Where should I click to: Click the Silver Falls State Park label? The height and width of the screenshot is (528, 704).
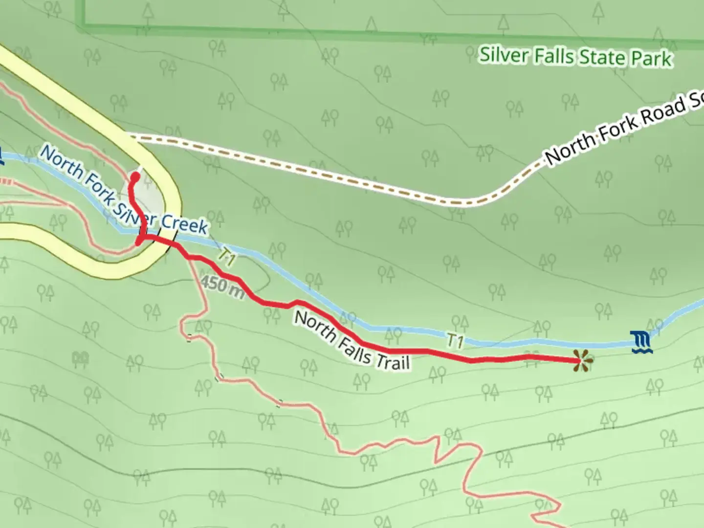(575, 57)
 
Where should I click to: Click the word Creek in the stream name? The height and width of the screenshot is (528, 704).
(184, 222)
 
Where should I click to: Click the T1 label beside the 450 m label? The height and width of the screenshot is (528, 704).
(226, 257)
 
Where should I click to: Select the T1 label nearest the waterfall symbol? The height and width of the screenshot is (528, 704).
(455, 341)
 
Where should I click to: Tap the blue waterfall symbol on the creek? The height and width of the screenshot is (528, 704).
(640, 342)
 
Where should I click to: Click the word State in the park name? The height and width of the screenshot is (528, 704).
(601, 58)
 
